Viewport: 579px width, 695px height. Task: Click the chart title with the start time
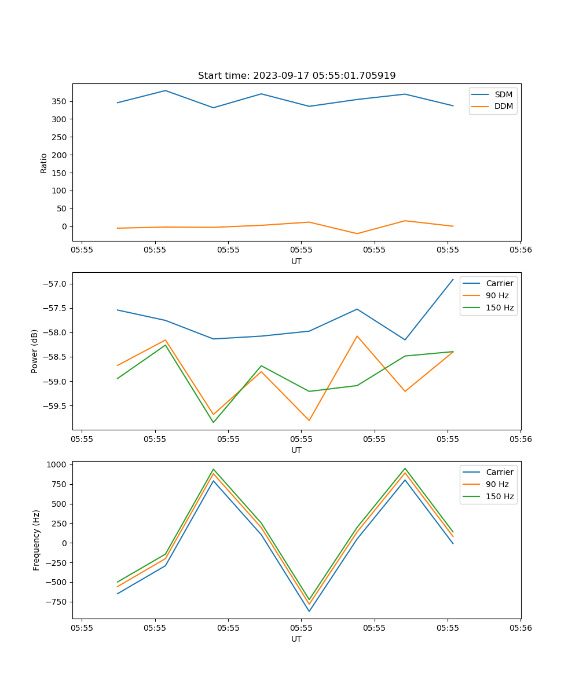[296, 76]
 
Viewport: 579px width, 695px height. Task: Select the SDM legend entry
[503, 94]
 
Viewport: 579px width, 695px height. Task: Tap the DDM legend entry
[503, 106]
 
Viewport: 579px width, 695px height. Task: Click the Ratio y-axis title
[44, 163]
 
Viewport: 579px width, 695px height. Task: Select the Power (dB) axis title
[35, 351]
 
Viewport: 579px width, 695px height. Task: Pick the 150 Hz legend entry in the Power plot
[500, 308]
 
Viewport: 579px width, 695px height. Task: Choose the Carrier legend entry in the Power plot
[500, 283]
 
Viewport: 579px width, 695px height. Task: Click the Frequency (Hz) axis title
[36, 540]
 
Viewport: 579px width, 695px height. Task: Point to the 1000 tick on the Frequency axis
[58, 464]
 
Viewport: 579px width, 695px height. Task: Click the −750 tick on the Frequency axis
[56, 602]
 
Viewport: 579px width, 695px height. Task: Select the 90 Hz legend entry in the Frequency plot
[497, 484]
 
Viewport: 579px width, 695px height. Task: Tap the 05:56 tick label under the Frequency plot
[521, 627]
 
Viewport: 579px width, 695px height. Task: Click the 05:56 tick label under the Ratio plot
[521, 250]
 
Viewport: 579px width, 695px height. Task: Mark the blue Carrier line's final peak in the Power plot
[453, 279]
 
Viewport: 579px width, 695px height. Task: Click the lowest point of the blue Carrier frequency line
[309, 611]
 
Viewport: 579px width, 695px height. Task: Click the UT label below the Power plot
[296, 450]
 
